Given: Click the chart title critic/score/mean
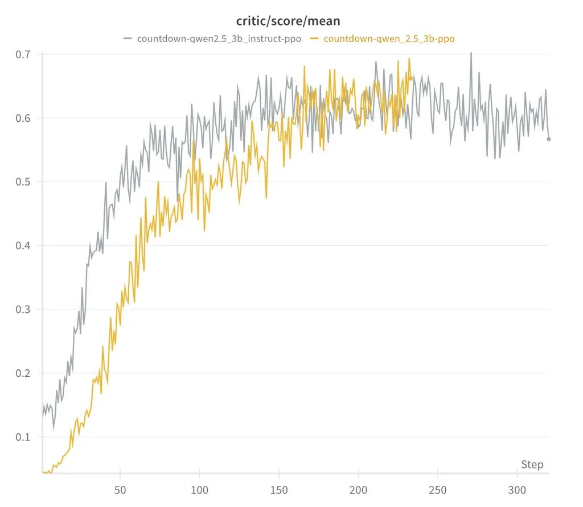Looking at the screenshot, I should [288, 22].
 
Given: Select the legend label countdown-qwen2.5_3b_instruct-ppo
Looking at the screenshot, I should [219, 39].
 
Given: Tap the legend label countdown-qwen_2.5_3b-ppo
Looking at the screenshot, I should [389, 39].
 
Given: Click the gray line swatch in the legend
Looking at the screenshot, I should [128, 39].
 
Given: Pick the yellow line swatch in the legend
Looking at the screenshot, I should [314, 39].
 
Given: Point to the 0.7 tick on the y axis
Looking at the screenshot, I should [26, 55].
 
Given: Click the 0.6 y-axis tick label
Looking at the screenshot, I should [26, 118].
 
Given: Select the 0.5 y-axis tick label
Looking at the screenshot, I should [26, 182].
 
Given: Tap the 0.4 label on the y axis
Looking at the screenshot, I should [26, 246].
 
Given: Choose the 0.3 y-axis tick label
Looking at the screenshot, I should [26, 310].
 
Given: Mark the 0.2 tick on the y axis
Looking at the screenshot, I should [26, 373].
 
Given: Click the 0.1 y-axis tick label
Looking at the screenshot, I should [26, 437].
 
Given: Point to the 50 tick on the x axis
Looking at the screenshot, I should [120, 490].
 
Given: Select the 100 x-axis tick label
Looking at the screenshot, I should [199, 490].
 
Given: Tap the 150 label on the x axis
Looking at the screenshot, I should [278, 490].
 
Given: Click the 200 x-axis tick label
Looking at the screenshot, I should [358, 490].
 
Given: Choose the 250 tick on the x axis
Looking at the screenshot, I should [437, 490].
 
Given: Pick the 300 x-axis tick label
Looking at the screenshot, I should [516, 490].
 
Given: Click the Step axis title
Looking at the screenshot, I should [532, 465].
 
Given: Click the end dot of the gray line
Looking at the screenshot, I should [549, 139].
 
